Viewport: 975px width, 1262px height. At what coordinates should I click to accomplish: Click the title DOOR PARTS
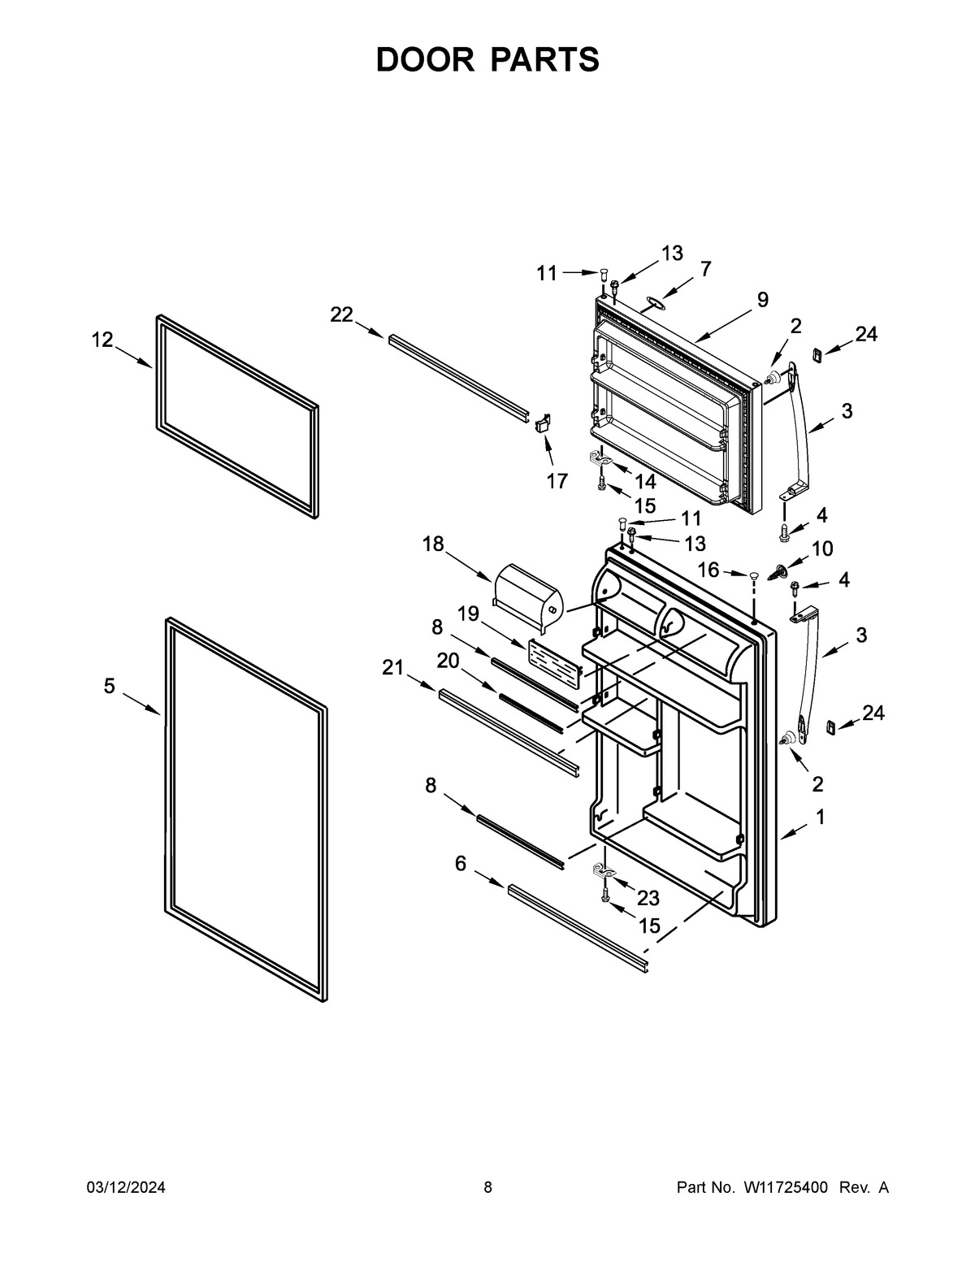tap(487, 60)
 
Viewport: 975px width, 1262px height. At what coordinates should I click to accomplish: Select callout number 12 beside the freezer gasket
tap(102, 340)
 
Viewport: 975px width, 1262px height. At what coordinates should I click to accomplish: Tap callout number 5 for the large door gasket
tap(110, 687)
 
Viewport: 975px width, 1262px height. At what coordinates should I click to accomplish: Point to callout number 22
tap(341, 314)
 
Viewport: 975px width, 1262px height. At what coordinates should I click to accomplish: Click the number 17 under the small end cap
tap(557, 481)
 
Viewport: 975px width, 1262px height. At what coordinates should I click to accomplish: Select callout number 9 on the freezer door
tap(762, 300)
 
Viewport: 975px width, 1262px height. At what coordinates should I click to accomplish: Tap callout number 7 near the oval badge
tap(705, 268)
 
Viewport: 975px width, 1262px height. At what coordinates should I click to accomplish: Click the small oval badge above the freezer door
tap(653, 303)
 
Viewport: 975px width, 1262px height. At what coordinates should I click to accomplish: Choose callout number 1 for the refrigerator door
tap(821, 817)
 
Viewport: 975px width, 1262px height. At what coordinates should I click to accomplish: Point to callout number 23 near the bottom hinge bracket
tap(648, 898)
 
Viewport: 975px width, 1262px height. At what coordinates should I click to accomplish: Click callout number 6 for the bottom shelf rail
tap(461, 863)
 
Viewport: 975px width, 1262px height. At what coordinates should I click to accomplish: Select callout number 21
tap(393, 667)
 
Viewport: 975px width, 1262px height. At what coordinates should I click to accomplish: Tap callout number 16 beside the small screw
tap(708, 570)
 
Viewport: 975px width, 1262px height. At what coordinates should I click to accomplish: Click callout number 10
tap(821, 549)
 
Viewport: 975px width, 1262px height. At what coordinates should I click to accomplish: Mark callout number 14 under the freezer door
tap(644, 481)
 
